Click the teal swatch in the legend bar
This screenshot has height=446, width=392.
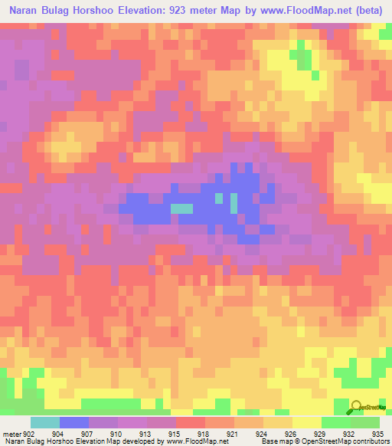point(44,422)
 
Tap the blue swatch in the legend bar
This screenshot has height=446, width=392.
point(73,422)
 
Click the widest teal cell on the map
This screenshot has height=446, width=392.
point(181,208)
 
